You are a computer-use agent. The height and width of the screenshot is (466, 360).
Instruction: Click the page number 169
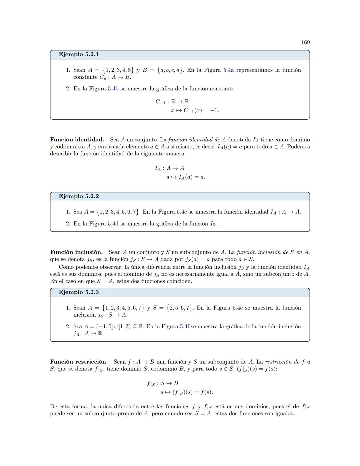point(305,42)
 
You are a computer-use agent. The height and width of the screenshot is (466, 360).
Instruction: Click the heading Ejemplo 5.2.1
point(79,54)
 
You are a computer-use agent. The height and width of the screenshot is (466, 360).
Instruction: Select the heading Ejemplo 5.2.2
point(79,196)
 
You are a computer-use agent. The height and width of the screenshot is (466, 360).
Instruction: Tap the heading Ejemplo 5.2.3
point(79,292)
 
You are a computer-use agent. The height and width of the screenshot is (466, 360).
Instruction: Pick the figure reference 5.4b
point(113,89)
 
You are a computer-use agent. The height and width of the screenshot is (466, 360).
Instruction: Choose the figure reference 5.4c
point(182,212)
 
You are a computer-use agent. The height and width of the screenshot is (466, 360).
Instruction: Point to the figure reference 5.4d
point(113,224)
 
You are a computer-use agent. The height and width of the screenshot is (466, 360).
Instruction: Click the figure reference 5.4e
point(238,308)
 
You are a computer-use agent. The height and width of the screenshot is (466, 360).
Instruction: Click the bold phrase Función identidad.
point(77,140)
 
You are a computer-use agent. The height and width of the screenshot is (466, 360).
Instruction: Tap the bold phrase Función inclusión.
point(76,252)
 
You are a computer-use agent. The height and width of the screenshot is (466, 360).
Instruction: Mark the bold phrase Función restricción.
point(79,362)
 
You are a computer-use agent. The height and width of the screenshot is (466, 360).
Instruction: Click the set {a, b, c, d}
point(170,70)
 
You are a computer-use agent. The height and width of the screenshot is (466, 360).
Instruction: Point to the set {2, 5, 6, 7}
point(180,308)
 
